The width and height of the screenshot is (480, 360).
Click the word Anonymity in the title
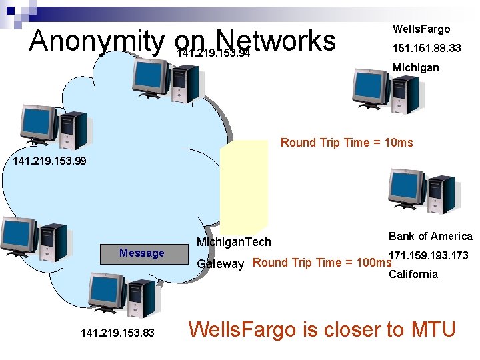[x=96, y=41]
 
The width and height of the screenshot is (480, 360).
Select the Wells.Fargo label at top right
[x=421, y=29]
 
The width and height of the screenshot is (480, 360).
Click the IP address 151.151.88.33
[x=427, y=48]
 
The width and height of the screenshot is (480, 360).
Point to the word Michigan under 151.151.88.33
[x=415, y=67]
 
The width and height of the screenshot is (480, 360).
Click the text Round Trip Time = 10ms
[x=347, y=143]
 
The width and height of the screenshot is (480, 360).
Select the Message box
[x=141, y=253]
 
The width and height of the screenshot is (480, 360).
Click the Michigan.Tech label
[x=233, y=242]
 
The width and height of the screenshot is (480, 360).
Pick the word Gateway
[x=220, y=265]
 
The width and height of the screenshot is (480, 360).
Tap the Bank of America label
[x=430, y=237]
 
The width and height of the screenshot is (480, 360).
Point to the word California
[x=413, y=274]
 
